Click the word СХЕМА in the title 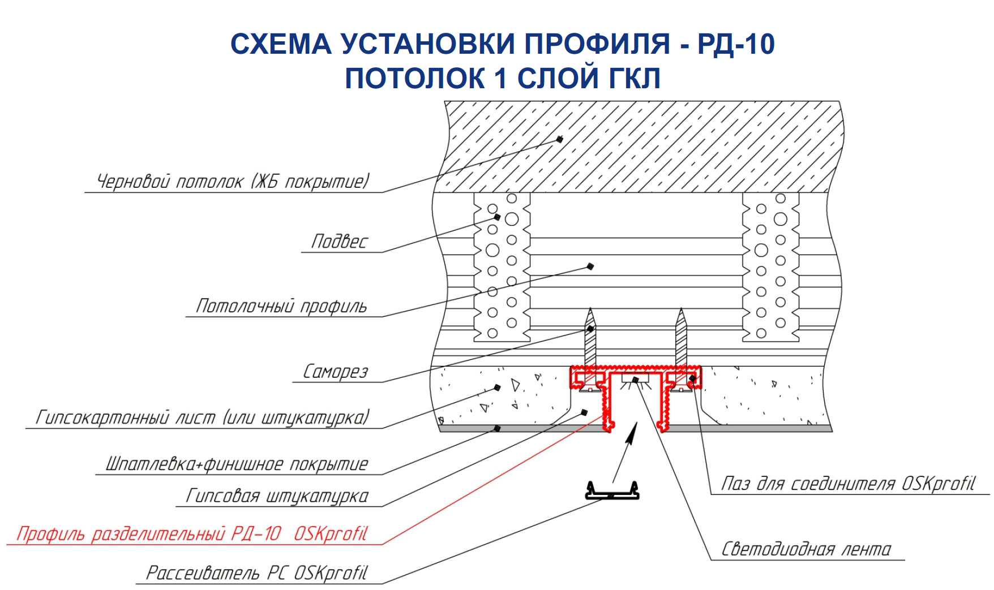point(281,44)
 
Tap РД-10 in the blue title point(735,44)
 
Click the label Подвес point(340,242)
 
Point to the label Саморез point(336,372)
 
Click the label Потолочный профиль point(281,306)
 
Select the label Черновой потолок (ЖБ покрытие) point(233,182)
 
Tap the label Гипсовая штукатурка point(277,496)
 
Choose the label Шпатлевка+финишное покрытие point(237,464)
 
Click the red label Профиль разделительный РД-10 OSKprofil point(192,533)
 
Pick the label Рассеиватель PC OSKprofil point(257,573)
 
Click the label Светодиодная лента point(806,549)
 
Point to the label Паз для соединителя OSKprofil point(848,484)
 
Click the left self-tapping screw point(590,339)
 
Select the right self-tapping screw point(681,339)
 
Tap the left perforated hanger point(502,266)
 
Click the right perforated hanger point(771,266)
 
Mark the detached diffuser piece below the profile point(612,492)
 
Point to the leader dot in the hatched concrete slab point(560,139)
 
